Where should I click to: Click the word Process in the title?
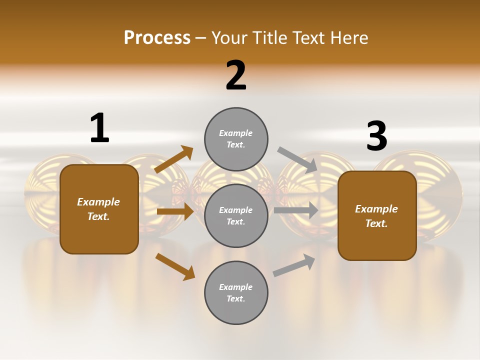tap(157, 38)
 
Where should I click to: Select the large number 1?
tap(99, 128)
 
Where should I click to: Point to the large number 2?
tap(236, 75)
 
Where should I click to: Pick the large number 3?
tap(376, 136)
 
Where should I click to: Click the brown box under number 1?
tap(99, 209)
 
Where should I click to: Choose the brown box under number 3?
tap(377, 215)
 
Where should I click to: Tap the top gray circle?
tap(236, 139)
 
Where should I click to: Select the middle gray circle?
tap(236, 215)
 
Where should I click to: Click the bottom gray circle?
tap(236, 292)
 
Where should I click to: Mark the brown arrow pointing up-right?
tap(173, 159)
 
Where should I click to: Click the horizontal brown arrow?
tap(175, 211)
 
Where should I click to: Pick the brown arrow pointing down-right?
tap(175, 266)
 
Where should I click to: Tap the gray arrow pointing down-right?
tap(297, 160)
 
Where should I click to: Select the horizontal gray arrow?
tap(296, 210)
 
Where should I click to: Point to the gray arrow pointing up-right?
tap(294, 265)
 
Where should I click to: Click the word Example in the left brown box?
tap(98, 202)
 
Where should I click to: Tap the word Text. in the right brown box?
tap(376, 223)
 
